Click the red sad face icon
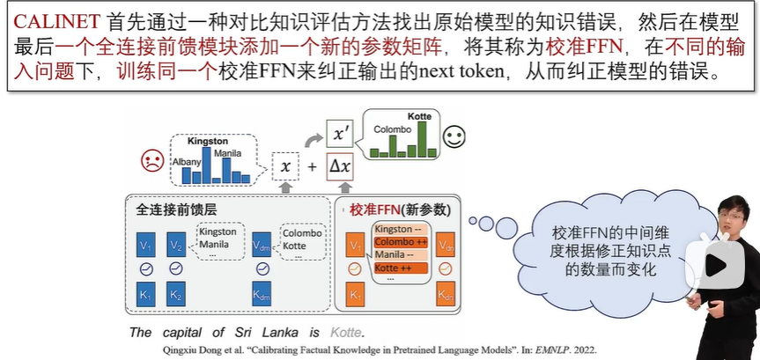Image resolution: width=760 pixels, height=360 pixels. [x=153, y=161]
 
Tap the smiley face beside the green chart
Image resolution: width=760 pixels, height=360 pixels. [x=454, y=137]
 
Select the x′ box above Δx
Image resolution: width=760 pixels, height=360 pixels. [x=340, y=134]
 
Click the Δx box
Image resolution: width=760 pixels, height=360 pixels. [x=340, y=165]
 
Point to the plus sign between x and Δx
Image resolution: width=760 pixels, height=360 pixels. [x=313, y=165]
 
